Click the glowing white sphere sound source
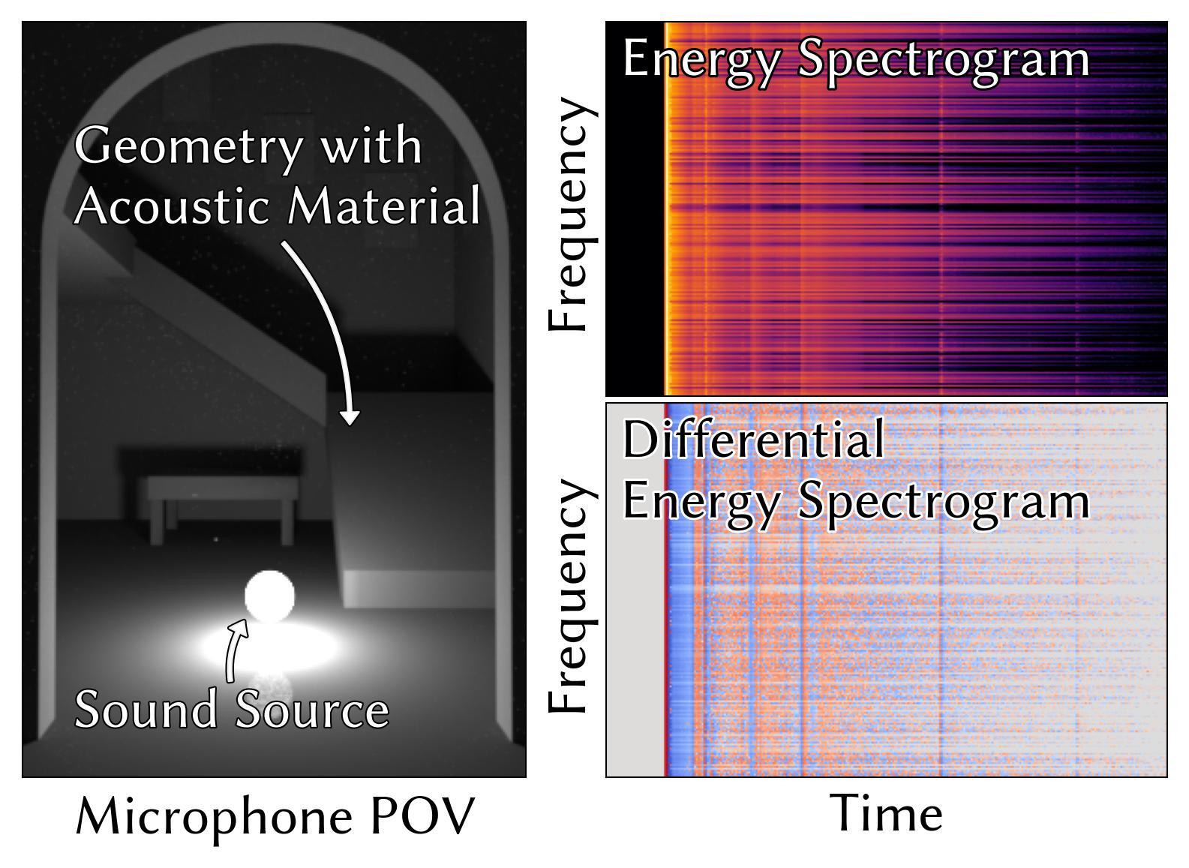269,596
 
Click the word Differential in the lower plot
753,440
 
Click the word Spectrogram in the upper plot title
943,59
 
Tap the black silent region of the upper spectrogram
635,225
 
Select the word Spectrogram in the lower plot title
943,500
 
